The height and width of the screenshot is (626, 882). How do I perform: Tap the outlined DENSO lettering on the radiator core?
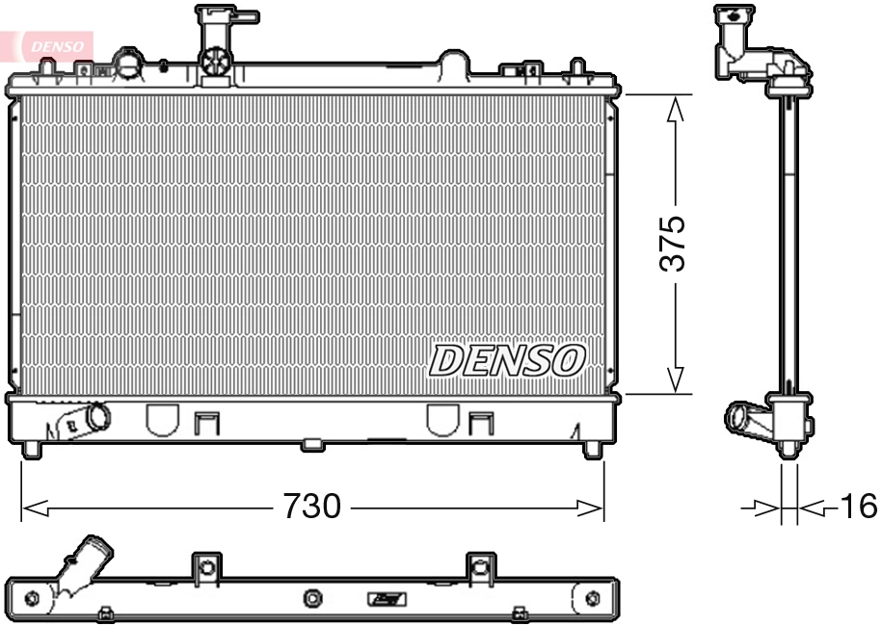coord(507,360)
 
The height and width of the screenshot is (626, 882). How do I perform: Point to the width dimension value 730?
coord(311,506)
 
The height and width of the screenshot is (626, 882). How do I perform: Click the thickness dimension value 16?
coord(857,506)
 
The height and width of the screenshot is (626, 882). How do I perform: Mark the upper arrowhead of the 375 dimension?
coord(676,107)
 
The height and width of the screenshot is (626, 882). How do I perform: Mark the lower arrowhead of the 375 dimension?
coord(676,379)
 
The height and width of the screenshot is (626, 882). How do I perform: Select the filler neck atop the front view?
coord(219,43)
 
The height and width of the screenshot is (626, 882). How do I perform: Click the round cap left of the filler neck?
coord(126,63)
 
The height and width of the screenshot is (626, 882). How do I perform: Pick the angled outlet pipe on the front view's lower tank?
coord(86,420)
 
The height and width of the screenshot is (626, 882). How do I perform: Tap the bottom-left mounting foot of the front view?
coord(32,449)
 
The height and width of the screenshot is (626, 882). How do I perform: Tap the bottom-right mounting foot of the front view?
coord(592,449)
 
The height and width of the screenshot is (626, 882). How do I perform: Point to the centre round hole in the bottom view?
coord(311,600)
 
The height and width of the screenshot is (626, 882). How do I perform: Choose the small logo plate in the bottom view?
coord(387,600)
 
